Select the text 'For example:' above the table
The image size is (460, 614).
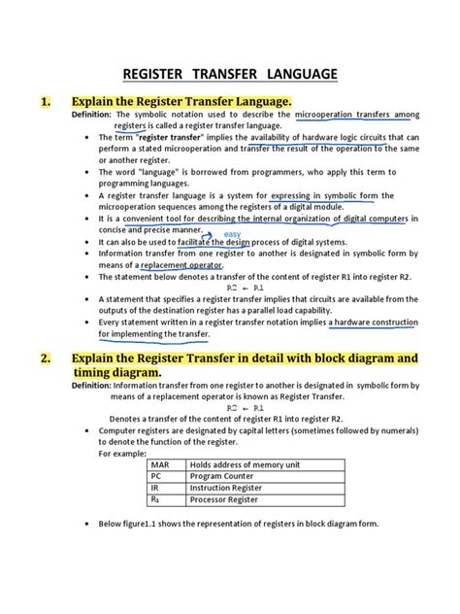point(123,453)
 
